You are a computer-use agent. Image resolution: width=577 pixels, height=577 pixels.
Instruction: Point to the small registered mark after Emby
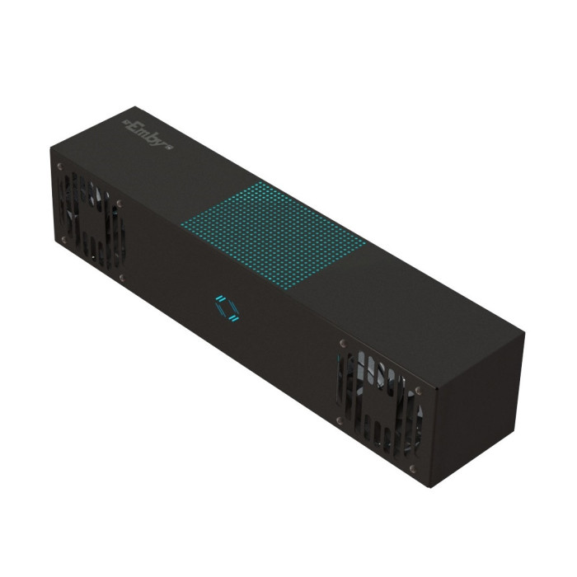click(170, 148)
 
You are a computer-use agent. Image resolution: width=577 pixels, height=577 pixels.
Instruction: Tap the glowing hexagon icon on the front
click(227, 308)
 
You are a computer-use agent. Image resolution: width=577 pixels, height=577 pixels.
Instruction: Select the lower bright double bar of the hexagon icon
click(234, 317)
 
